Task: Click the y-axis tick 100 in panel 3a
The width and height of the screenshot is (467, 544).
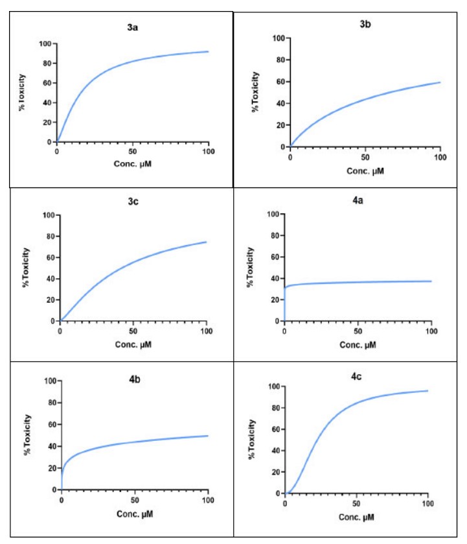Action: pyautogui.click(x=44, y=44)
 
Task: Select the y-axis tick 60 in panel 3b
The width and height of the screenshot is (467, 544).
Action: pyautogui.click(x=277, y=82)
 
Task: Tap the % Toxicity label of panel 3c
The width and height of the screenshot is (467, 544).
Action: pyautogui.click(x=27, y=266)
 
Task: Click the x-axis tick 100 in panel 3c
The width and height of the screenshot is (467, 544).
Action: pyautogui.click(x=207, y=331)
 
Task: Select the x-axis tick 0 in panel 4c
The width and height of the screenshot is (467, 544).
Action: pyautogui.click(x=285, y=504)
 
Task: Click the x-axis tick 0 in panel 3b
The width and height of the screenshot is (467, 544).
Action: pyautogui.click(x=290, y=157)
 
